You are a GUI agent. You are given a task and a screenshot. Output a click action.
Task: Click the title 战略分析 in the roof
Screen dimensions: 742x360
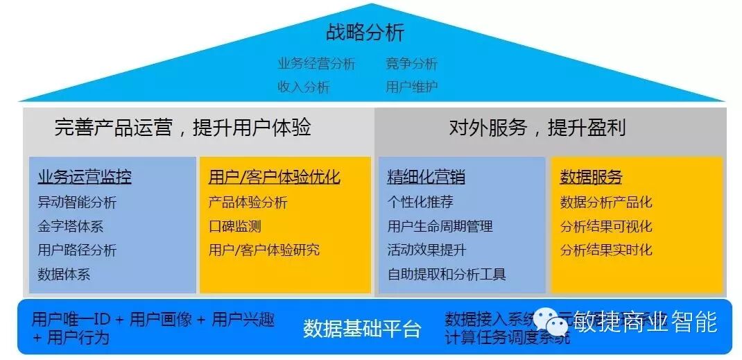[365, 32]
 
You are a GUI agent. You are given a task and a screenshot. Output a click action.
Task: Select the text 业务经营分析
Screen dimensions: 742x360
[316, 64]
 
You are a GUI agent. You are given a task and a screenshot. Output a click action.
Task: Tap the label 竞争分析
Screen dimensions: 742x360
[412, 64]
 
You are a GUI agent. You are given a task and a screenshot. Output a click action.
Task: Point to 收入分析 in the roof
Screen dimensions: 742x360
[304, 87]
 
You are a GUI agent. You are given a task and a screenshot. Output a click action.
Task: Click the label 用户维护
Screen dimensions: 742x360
[412, 87]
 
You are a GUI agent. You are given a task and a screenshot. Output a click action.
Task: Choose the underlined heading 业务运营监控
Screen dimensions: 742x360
[85, 178]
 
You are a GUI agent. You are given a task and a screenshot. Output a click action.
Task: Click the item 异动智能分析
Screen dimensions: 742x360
[77, 203]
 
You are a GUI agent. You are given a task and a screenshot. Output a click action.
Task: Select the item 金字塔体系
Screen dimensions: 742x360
[70, 226]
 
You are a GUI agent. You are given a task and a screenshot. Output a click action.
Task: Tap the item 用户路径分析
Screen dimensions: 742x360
[77, 250]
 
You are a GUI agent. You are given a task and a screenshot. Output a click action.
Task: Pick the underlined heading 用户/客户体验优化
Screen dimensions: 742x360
[274, 178]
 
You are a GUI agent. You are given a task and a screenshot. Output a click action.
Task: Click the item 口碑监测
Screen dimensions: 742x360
[234, 226]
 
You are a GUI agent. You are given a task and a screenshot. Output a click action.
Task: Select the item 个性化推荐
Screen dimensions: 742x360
[420, 203]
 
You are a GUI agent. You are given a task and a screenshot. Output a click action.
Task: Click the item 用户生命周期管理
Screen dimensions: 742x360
[440, 226]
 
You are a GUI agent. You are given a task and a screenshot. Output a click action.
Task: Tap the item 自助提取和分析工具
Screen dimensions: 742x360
[447, 274]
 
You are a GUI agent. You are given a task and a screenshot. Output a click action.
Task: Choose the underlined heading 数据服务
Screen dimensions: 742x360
[591, 178]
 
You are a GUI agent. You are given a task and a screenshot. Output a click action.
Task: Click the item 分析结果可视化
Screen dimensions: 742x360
[606, 226]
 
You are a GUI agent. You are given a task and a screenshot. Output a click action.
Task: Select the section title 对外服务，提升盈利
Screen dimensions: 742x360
[537, 128]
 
